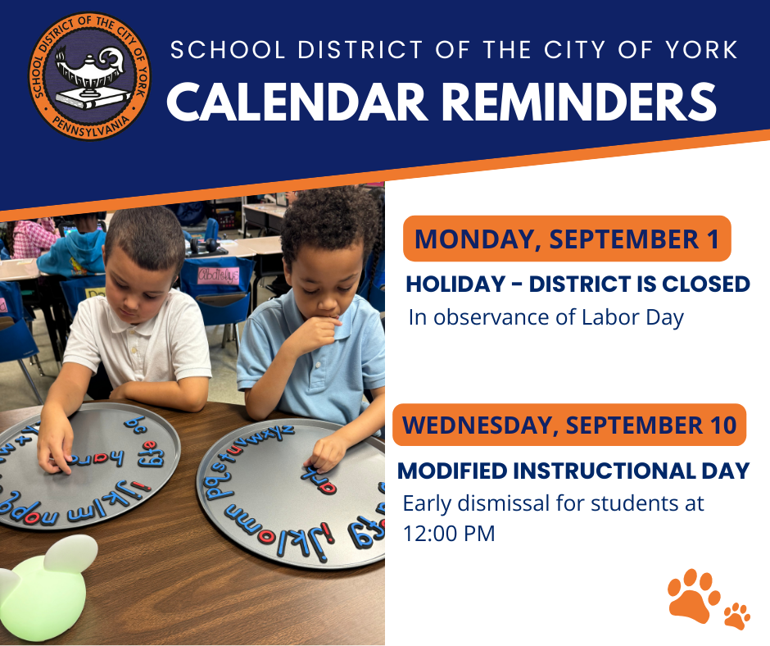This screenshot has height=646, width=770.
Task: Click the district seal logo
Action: point(90,75)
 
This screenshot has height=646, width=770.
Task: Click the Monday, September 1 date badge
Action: point(567,239)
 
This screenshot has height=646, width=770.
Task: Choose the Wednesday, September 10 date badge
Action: point(568,425)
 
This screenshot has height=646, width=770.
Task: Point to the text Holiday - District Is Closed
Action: point(577,284)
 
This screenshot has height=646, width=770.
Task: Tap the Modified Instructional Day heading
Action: point(573,471)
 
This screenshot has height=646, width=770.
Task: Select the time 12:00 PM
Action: point(449,534)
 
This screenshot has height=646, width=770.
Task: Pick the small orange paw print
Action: point(737,615)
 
